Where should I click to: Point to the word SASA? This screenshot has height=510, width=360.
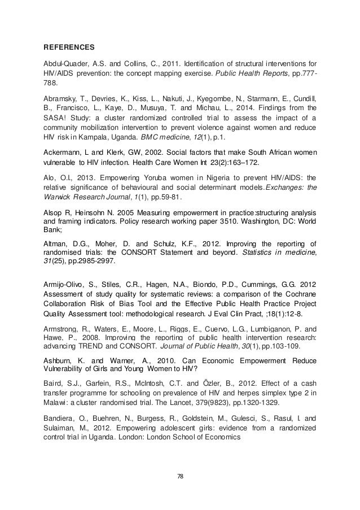[x=56, y=117]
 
